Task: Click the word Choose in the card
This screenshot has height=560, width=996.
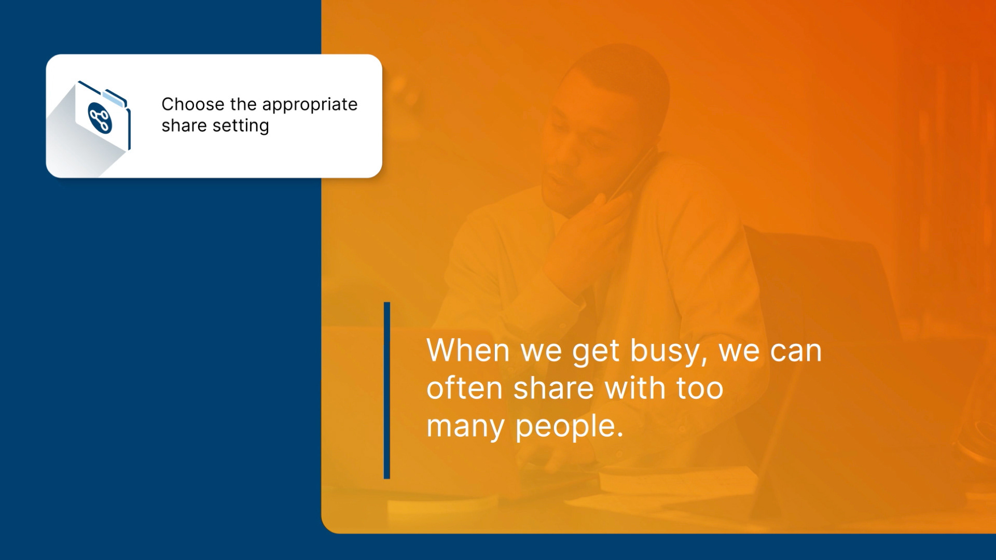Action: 193,104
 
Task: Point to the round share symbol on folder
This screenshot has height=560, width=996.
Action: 100,118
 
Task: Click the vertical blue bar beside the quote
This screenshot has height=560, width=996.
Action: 387,390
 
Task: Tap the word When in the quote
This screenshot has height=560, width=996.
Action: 468,351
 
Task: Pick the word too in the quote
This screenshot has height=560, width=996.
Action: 700,389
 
